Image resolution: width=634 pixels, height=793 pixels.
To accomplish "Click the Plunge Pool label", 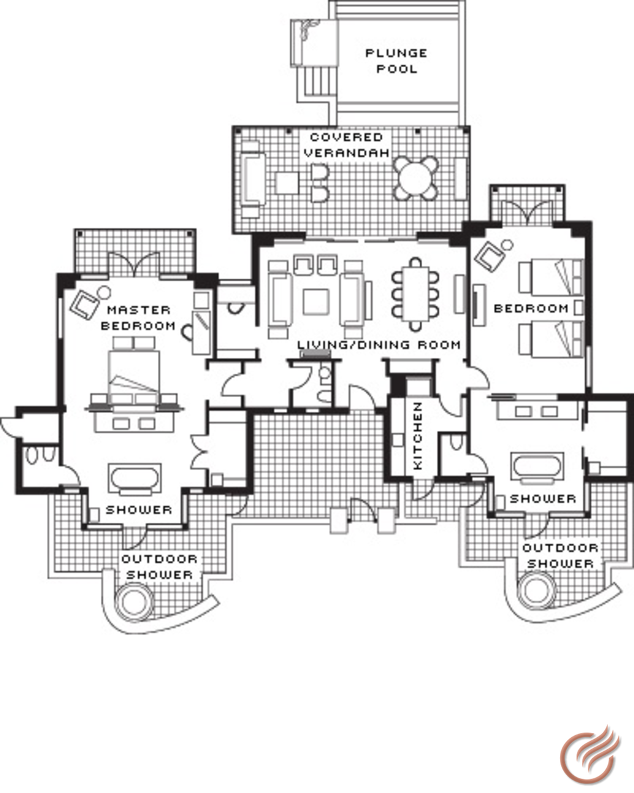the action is pos(396,61).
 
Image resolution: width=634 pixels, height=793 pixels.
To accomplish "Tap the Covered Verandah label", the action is pos(347,145).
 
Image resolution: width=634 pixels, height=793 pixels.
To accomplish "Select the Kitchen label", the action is pos(418,436).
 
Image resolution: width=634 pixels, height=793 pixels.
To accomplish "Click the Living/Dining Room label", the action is pos(379,345).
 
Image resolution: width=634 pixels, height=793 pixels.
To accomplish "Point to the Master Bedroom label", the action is pos(138,318).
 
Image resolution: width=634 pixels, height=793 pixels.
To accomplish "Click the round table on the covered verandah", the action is pos(416,179).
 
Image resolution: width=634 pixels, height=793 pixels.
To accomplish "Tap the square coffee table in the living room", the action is pos(316,302).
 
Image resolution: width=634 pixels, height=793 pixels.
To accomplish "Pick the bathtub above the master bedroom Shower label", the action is pos(135,479).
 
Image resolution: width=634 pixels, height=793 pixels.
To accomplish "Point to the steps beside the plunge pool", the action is pos(317,82).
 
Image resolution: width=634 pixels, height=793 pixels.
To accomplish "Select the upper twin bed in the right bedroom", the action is pos(550,278).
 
